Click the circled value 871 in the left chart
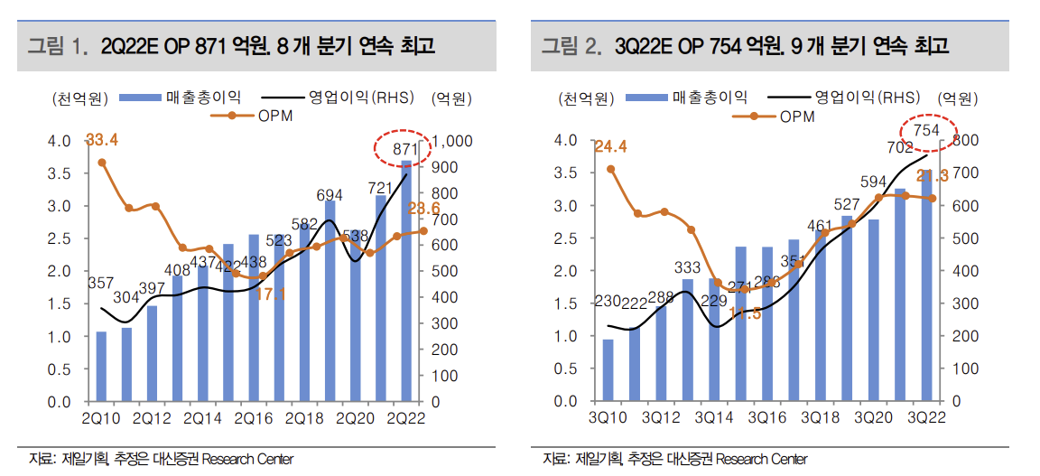pyautogui.click(x=404, y=149)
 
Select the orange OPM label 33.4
pyautogui.click(x=102, y=140)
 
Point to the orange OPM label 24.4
pyautogui.click(x=610, y=146)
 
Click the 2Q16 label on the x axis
pyautogui.click(x=254, y=418)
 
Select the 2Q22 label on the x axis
pyautogui.click(x=405, y=418)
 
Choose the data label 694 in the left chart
pyautogui.click(x=330, y=195)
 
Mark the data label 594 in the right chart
pyautogui.click(x=873, y=182)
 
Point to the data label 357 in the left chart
pyautogui.click(x=99, y=283)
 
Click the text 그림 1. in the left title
pyautogui.click(x=58, y=46)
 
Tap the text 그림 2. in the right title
pyautogui.click(x=571, y=46)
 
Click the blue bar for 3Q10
pyautogui.click(x=608, y=369)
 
